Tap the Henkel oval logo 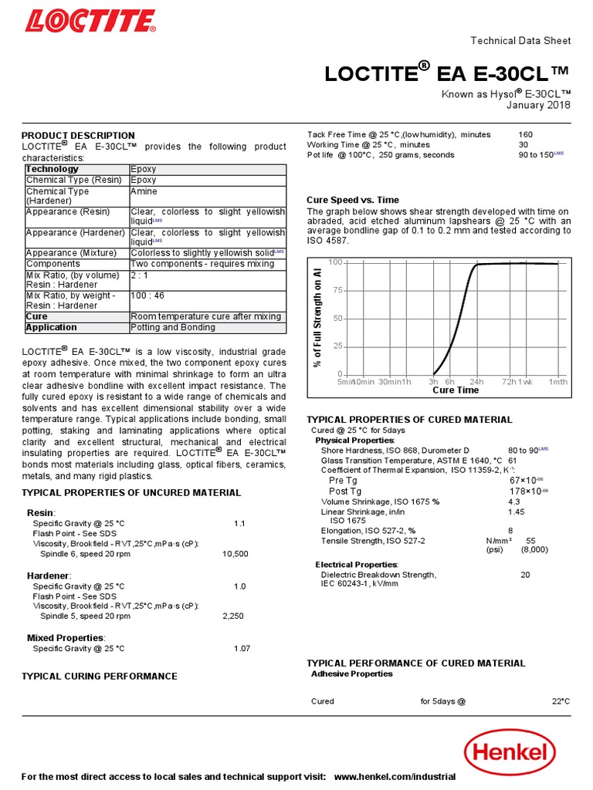510,752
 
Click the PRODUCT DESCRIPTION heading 78,136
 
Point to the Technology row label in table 53,169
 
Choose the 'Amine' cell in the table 144,191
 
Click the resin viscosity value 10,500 236,554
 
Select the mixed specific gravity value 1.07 242,649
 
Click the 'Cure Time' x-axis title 456,390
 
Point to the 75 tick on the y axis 337,291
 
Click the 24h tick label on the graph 476,381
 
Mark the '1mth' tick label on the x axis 557,381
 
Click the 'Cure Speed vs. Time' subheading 353,200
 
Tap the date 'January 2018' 538,106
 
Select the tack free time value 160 526,134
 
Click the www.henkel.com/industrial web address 395,776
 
